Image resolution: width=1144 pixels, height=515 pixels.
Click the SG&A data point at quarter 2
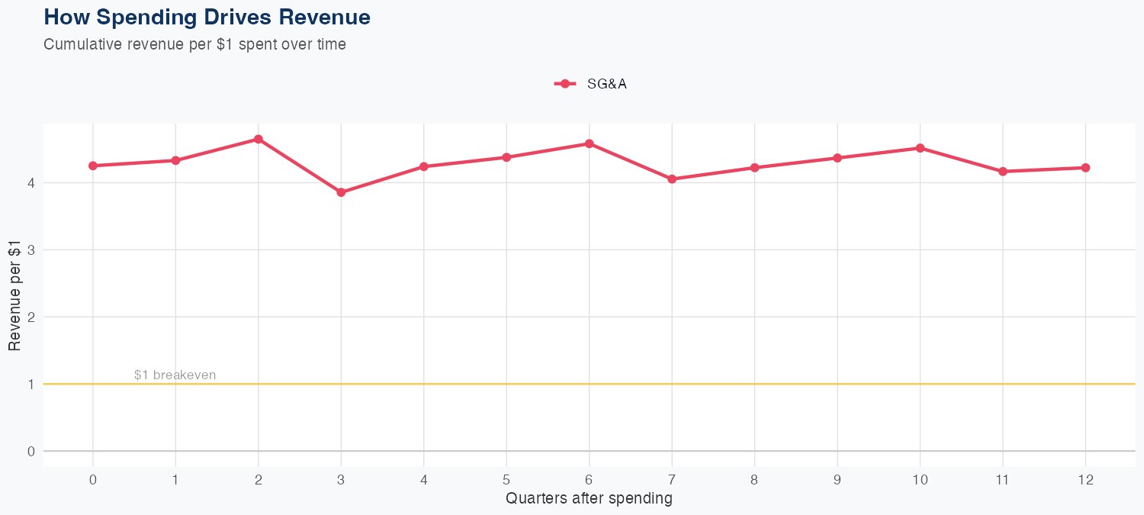click(x=259, y=139)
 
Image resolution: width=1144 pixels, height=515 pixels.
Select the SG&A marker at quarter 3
click(x=341, y=192)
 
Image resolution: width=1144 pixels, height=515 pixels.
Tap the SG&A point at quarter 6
click(x=590, y=143)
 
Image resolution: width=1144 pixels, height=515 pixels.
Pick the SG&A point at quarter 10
click(x=921, y=148)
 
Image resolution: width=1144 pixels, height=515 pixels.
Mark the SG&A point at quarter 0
click(x=93, y=166)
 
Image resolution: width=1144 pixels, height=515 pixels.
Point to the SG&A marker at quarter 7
click(x=672, y=179)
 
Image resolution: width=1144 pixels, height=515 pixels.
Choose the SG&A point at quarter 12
click(x=1086, y=168)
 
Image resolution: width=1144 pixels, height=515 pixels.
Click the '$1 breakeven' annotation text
click(x=175, y=375)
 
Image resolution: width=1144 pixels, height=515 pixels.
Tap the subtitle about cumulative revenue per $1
click(x=194, y=44)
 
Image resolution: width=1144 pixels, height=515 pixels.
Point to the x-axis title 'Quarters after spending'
click(x=589, y=499)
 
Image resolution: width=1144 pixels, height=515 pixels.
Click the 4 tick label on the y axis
click(x=31, y=183)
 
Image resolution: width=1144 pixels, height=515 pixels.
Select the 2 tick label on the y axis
click(x=31, y=317)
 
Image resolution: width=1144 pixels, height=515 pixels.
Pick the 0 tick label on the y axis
click(x=31, y=452)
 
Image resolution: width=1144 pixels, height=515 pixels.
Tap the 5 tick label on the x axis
click(x=506, y=480)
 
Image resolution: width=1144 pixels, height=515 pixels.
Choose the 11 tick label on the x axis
click(x=1003, y=480)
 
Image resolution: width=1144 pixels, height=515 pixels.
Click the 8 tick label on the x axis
click(x=754, y=480)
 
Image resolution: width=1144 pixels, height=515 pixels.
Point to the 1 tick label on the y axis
click(x=31, y=385)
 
